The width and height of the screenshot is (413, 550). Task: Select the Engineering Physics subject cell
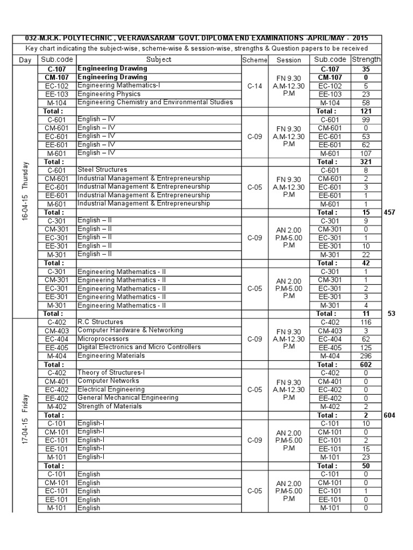[x=109, y=94]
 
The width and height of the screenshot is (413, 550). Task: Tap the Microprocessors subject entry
[x=103, y=339]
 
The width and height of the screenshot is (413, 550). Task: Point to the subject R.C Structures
[x=101, y=322]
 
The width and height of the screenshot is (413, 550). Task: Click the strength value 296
[x=366, y=356]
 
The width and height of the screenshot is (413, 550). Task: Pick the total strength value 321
[x=366, y=162]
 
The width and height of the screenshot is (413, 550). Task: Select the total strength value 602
[x=366, y=365]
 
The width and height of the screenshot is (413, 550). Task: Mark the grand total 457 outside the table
[x=390, y=213]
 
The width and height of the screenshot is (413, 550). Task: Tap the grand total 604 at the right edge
[x=390, y=415]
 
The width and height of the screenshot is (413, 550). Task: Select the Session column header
[x=289, y=60]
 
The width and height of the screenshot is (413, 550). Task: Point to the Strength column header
[x=366, y=60]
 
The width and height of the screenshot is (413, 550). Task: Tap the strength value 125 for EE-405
[x=366, y=348]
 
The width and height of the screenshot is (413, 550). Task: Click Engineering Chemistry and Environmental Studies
[x=155, y=102]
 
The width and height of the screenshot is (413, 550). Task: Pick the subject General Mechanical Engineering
[x=128, y=397]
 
